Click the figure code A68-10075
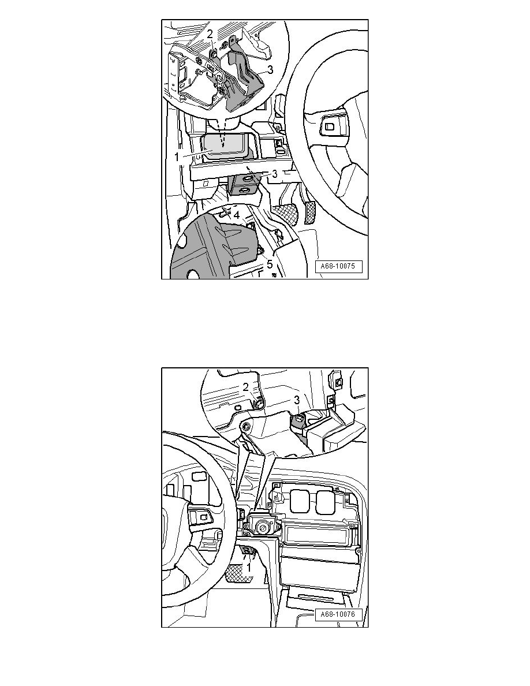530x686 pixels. (x=338, y=266)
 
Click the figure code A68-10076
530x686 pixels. (x=338, y=614)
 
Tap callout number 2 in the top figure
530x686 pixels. (x=210, y=33)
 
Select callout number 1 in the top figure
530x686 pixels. (x=177, y=156)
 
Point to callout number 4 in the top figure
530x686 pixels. (x=236, y=215)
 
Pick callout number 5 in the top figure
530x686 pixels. (x=270, y=264)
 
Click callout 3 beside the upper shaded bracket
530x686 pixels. (x=270, y=69)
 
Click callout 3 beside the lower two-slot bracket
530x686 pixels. (x=275, y=174)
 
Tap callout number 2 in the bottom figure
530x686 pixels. (x=246, y=387)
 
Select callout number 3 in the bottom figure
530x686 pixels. (x=297, y=400)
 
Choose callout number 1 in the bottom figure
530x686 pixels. (x=248, y=568)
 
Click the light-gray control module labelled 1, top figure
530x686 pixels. (x=224, y=149)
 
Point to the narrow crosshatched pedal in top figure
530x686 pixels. (x=309, y=212)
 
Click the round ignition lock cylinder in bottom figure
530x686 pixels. (x=263, y=527)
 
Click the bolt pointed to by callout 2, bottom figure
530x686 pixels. (x=259, y=404)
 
